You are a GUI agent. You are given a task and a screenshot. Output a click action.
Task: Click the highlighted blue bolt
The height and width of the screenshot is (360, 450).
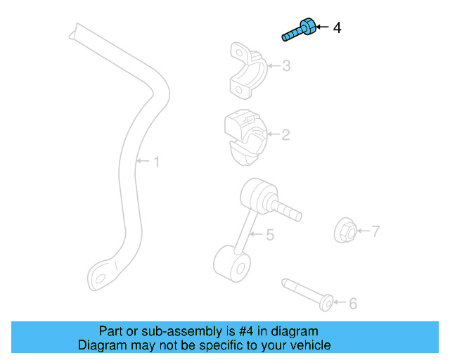click(x=299, y=32)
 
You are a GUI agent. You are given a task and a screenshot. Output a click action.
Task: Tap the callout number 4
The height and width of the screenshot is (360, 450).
click(x=337, y=28)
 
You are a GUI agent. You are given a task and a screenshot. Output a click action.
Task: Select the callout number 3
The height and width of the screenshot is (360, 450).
click(x=286, y=67)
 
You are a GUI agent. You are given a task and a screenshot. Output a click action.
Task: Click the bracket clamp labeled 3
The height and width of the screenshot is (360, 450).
click(x=247, y=70)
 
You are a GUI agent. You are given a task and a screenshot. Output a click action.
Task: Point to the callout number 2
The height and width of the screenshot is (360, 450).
click(x=285, y=134)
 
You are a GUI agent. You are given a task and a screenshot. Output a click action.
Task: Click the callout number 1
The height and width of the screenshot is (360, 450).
click(x=156, y=162)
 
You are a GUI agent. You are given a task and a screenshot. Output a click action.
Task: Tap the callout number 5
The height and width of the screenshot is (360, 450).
click(x=269, y=236)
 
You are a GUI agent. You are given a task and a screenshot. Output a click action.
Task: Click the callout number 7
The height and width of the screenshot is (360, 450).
click(x=375, y=231)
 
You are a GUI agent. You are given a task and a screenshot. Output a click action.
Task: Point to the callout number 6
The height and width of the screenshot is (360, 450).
click(x=353, y=303)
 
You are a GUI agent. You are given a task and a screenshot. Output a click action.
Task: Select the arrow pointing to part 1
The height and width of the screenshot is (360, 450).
click(x=142, y=162)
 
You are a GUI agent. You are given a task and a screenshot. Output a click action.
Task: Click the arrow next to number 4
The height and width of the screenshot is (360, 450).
click(x=321, y=28)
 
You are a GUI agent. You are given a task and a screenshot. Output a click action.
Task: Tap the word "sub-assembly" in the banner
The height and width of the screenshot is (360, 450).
click(x=164, y=331)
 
